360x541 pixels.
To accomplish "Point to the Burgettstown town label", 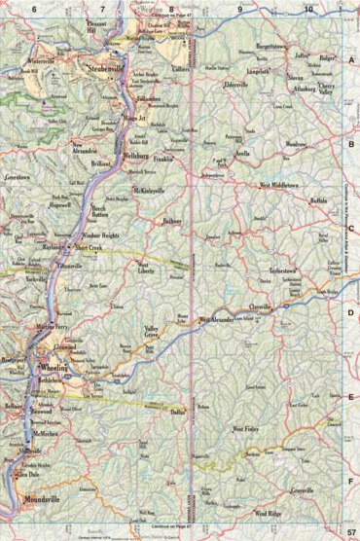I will [277, 46].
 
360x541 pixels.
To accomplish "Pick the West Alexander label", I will [220, 320].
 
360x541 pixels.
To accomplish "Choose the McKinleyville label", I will [153, 189].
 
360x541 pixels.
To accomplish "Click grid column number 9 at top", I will [239, 9].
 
